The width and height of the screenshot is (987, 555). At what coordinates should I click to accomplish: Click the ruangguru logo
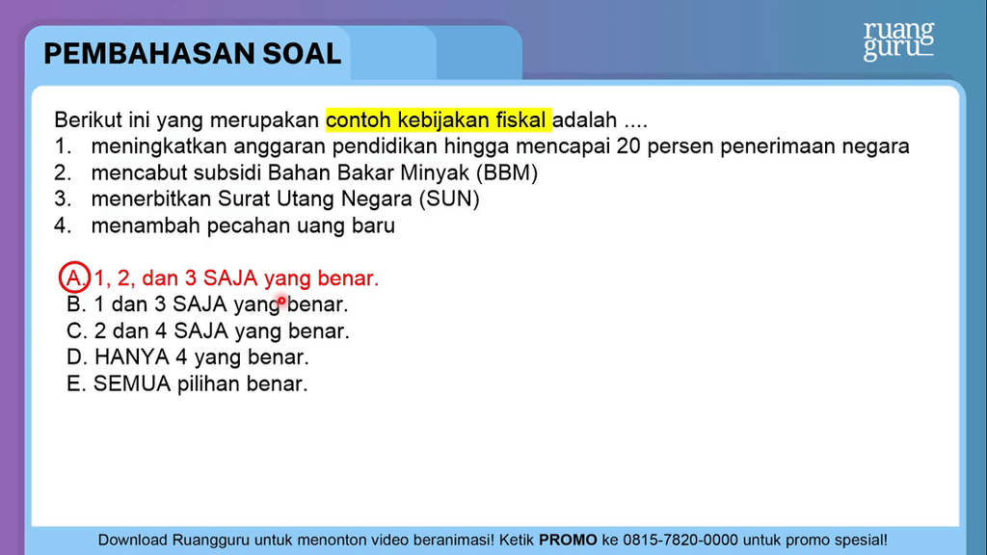pyautogui.click(x=899, y=40)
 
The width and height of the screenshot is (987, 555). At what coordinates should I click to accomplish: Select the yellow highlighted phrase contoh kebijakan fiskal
pyautogui.click(x=439, y=119)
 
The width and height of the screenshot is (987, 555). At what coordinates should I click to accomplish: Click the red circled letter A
pyautogui.click(x=74, y=277)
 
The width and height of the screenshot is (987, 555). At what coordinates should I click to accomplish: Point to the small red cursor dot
pyautogui.click(x=282, y=302)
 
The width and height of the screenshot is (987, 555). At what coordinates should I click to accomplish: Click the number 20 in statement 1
pyautogui.click(x=628, y=146)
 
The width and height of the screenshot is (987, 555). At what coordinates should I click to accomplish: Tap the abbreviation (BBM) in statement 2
pyautogui.click(x=507, y=172)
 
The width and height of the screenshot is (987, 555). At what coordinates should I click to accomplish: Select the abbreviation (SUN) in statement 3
pyautogui.click(x=449, y=198)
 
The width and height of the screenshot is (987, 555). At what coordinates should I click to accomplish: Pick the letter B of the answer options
pyautogui.click(x=75, y=304)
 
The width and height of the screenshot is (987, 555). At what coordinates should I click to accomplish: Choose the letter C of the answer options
pyautogui.click(x=76, y=331)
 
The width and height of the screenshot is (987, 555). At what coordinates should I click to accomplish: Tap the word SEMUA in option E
pyautogui.click(x=131, y=383)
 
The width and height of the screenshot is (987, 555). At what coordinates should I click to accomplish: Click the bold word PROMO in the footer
pyautogui.click(x=568, y=540)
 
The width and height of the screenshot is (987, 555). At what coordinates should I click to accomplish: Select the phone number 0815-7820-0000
pyautogui.click(x=680, y=540)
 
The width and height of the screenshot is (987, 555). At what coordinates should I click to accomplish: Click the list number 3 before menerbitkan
pyautogui.click(x=62, y=198)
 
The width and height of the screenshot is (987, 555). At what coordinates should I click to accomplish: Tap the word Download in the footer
pyautogui.click(x=132, y=540)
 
